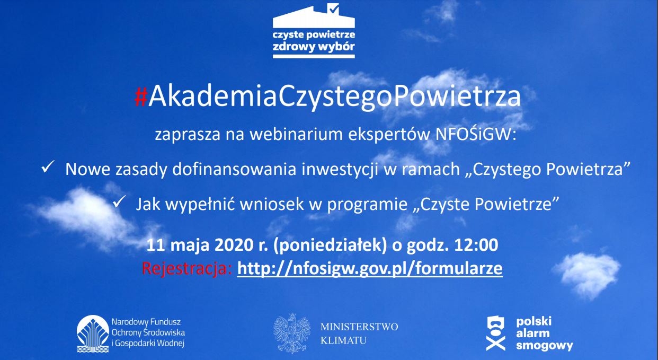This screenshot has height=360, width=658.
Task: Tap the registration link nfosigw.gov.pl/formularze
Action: [x=370, y=268]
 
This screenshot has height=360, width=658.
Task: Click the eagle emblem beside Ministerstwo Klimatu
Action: [x=292, y=333]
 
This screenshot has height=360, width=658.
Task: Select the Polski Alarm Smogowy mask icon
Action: [x=495, y=333]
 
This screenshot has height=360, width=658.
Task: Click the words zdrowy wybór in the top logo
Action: [x=314, y=47]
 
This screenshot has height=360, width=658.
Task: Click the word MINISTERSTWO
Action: [x=359, y=327]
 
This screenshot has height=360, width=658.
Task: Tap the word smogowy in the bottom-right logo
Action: [x=544, y=346]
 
